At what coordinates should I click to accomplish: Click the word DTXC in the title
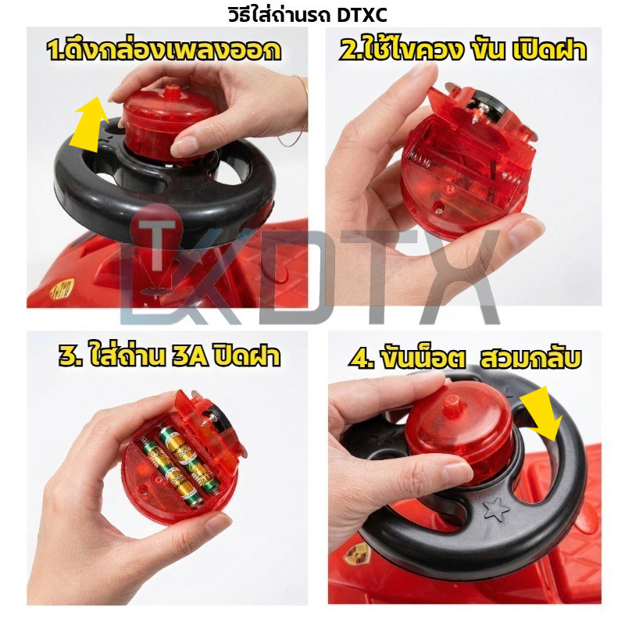362,15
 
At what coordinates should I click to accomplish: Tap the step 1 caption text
163,50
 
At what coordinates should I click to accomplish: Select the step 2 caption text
462,50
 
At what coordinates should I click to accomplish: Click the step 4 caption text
465,358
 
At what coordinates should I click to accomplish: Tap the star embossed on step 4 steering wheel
495,509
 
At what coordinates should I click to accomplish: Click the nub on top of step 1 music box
173,92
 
